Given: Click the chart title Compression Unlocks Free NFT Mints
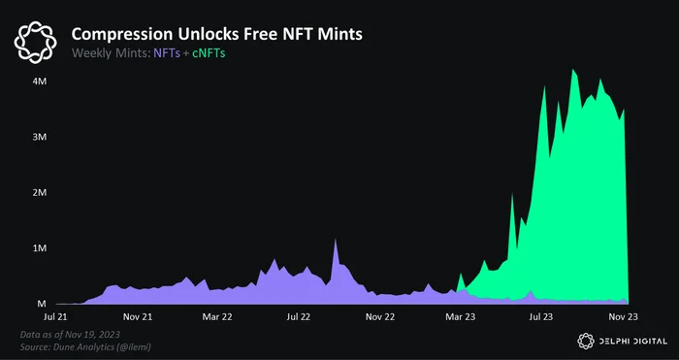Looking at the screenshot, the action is [x=216, y=34].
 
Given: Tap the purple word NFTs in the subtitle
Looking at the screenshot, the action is [x=167, y=53].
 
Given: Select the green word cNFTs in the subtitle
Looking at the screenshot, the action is [x=209, y=53].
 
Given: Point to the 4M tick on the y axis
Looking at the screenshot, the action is [x=40, y=82].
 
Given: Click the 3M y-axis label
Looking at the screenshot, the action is [x=40, y=137].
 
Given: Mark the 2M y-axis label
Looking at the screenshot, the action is [x=40, y=193].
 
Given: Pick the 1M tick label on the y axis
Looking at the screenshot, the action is [x=40, y=248].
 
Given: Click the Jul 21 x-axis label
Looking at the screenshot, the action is [x=55, y=316].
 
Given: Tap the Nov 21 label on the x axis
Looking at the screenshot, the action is [x=138, y=316].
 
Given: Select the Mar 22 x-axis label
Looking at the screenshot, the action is [x=217, y=316].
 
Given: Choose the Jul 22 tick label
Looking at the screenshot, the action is [x=299, y=316].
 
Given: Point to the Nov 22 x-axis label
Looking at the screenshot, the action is [x=380, y=316].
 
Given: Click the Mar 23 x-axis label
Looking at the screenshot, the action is [x=461, y=316].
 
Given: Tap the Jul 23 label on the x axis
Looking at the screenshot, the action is [x=541, y=316].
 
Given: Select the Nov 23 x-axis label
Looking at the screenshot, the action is [x=623, y=316].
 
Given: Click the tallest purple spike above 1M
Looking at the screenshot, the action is [x=336, y=240].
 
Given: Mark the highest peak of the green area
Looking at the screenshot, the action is [x=573, y=70].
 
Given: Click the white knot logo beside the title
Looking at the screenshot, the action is [x=35, y=43].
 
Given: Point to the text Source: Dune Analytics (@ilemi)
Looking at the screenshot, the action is [x=85, y=347].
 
